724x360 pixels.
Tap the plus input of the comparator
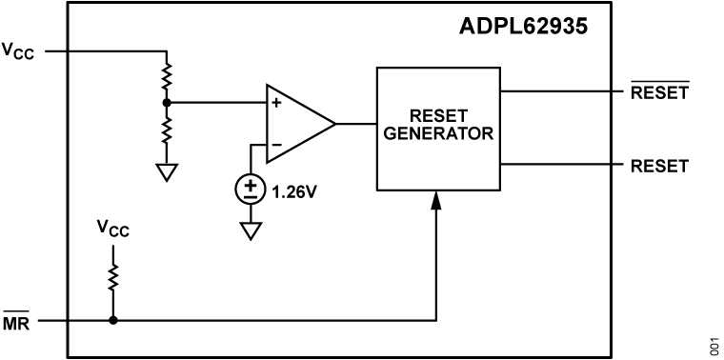tap(275, 103)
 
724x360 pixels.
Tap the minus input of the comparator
tap(275, 145)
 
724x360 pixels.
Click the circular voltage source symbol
tap(251, 190)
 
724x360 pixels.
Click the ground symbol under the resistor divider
tap(168, 171)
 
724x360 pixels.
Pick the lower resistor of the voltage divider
tap(168, 128)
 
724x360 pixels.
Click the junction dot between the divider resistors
tap(168, 102)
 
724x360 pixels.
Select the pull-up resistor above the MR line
tap(112, 277)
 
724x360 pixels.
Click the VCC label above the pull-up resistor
tap(112, 230)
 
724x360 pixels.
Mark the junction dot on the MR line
tap(112, 320)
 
